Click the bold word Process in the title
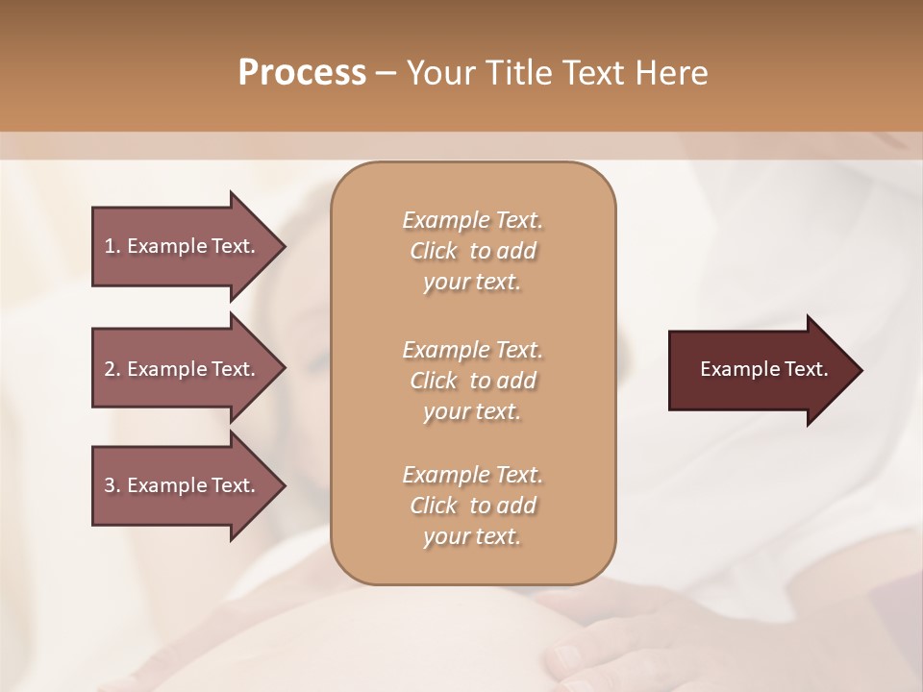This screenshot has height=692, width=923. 302,73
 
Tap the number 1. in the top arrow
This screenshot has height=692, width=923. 112,246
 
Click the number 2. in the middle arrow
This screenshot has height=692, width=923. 112,369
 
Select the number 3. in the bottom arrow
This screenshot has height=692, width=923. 112,485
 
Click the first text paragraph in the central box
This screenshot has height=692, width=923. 472,251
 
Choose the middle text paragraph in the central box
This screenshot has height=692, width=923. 472,380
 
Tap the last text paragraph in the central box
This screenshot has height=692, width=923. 472,506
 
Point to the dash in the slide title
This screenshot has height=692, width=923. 386,73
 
